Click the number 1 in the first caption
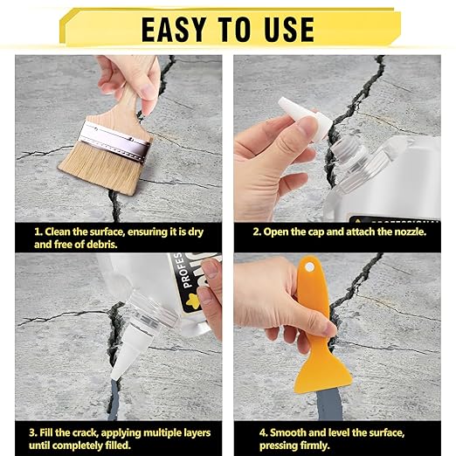[37, 232]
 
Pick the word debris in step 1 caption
[94, 245]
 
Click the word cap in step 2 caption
[320, 232]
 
